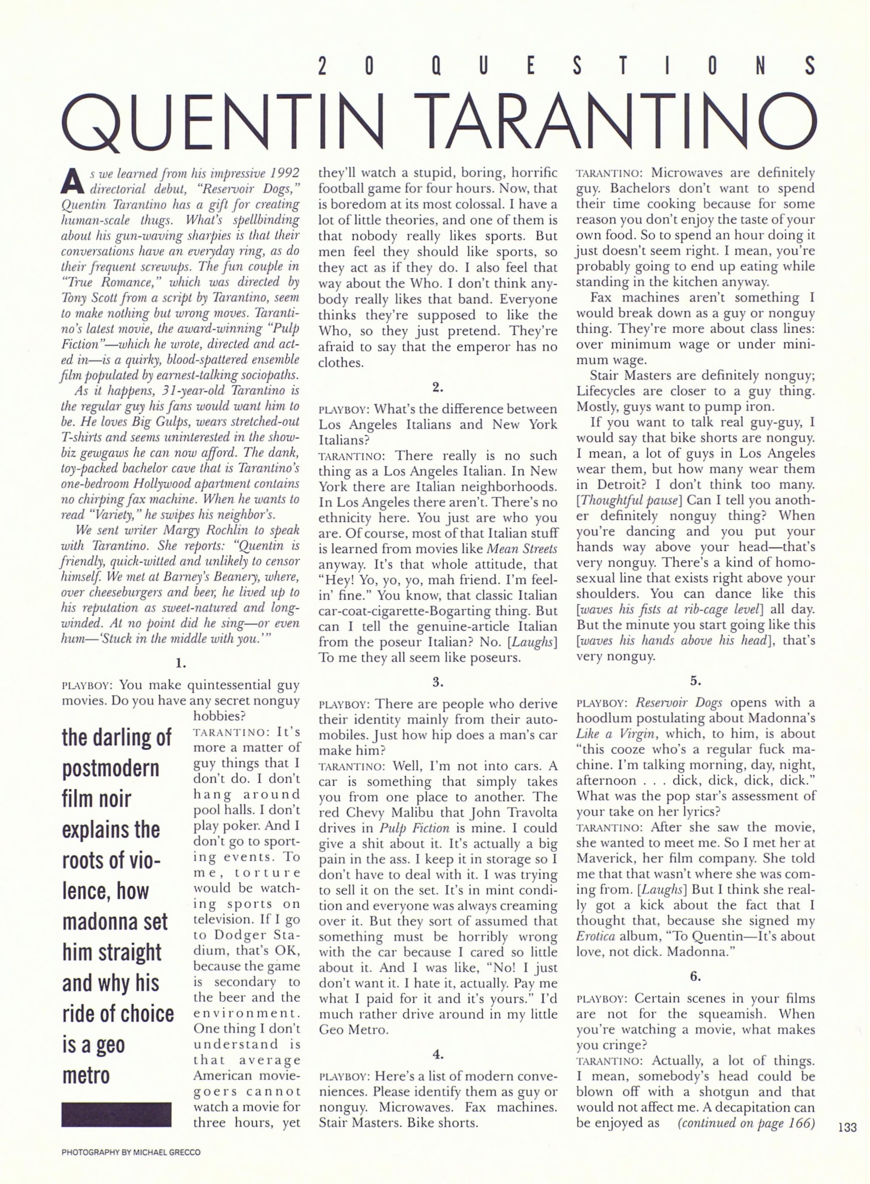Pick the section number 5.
tap(695, 681)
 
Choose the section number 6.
tap(695, 976)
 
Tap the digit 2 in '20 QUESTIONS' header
tap(323, 66)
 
